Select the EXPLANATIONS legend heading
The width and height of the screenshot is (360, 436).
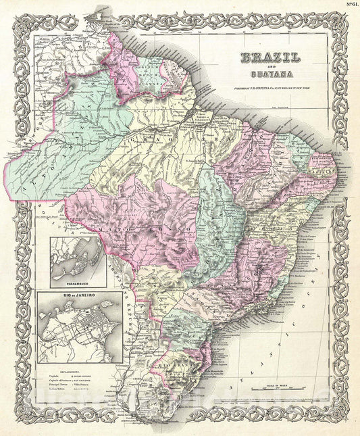tap(66, 370)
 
